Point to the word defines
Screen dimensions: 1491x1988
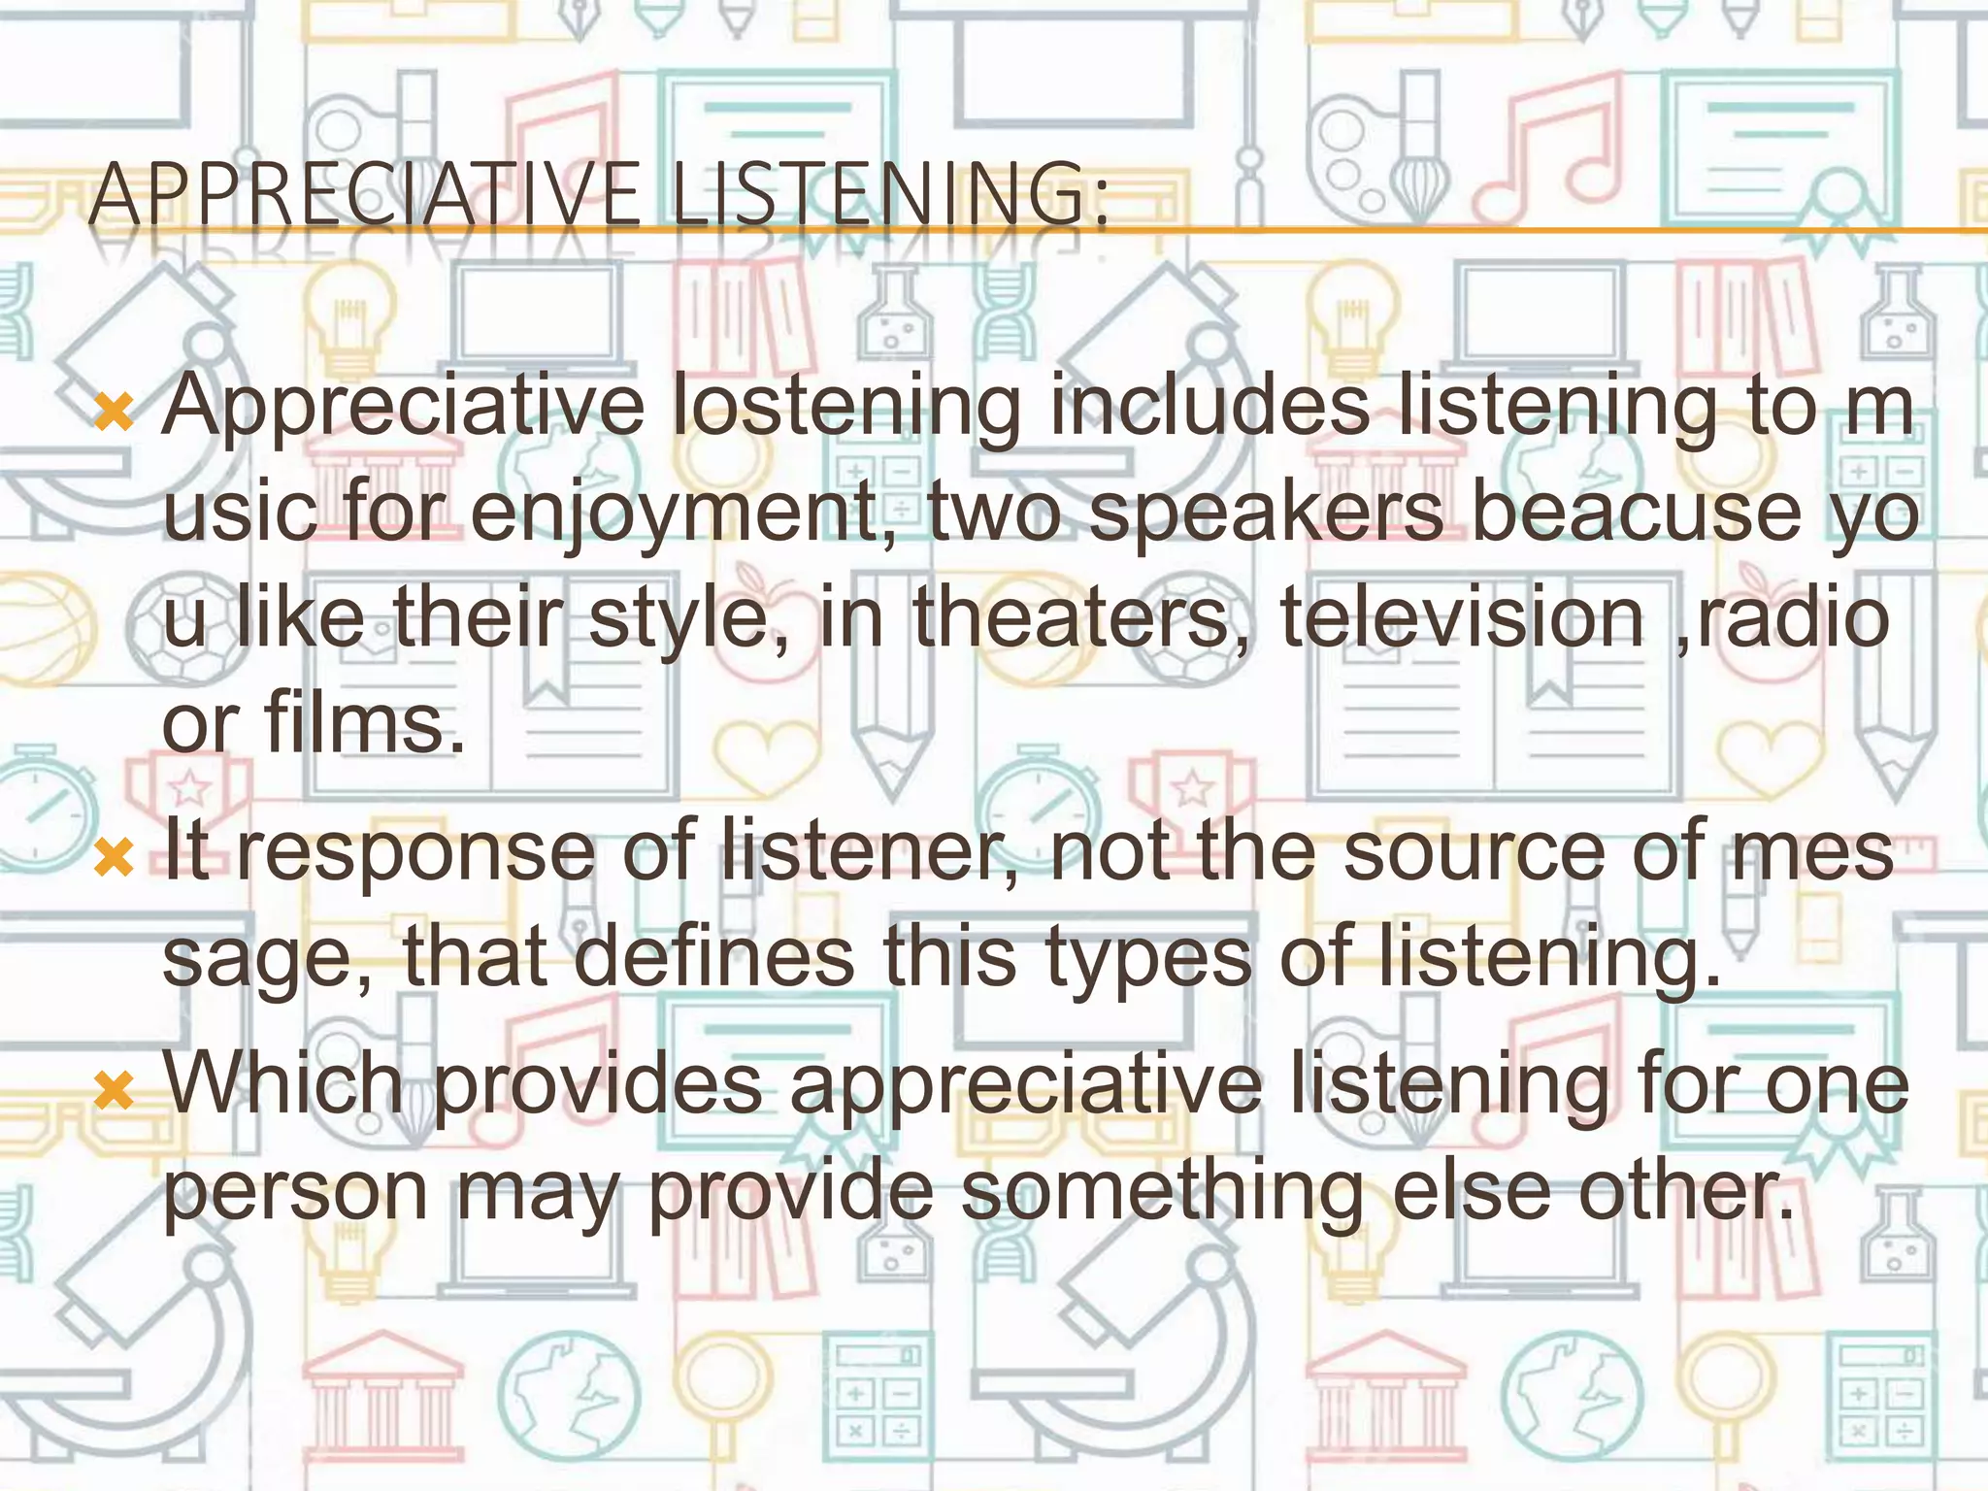[714, 959]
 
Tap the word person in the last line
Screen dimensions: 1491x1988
[295, 1192]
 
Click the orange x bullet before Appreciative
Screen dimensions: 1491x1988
[115, 413]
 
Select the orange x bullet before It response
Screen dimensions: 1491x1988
[115, 858]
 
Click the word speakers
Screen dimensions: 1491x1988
[1267, 514]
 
